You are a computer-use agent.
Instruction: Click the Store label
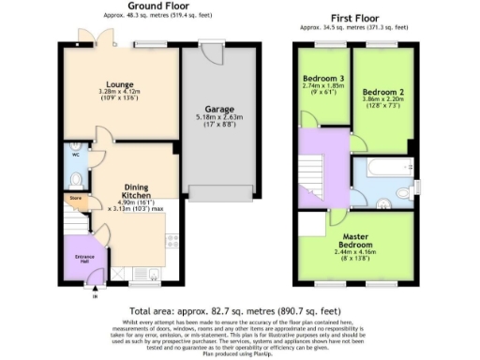point(73,199)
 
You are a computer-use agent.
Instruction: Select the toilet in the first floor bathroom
point(403,192)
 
